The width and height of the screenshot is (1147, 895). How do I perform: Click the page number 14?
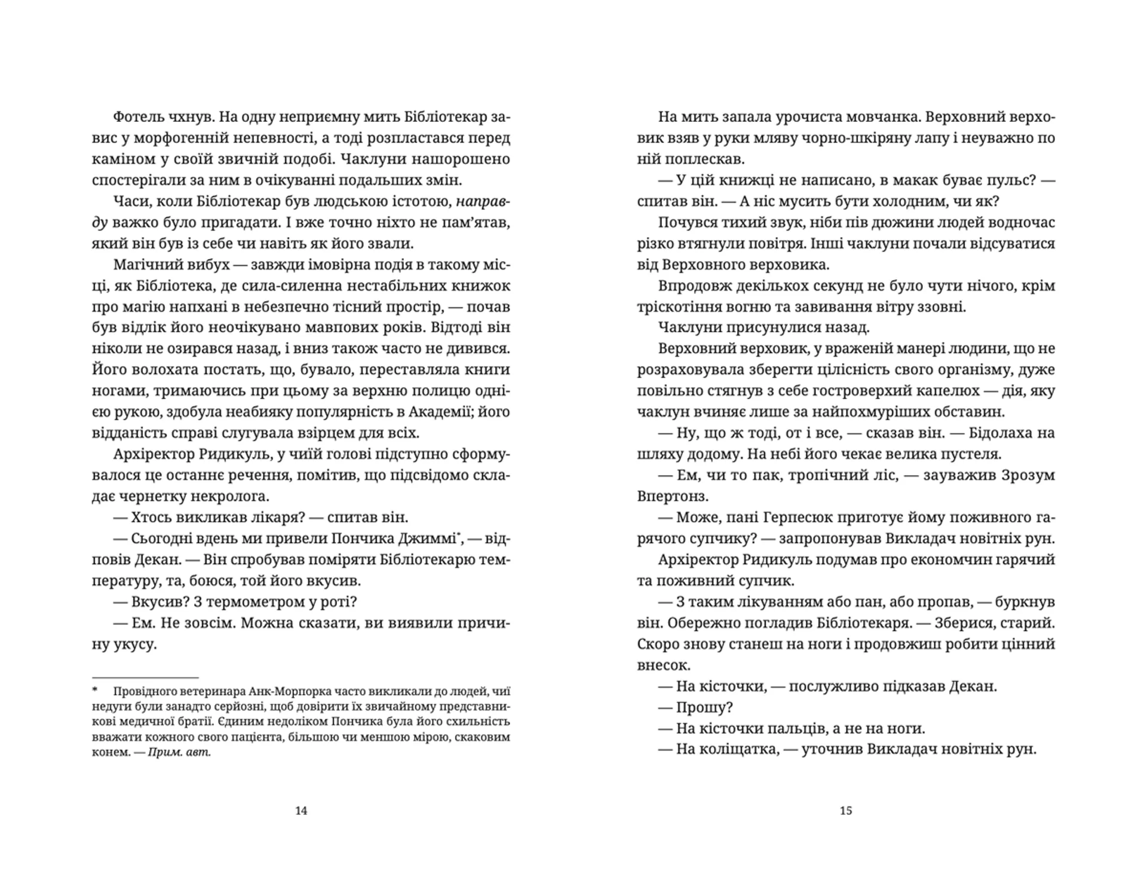tap(301, 811)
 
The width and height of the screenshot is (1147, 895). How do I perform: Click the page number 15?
tap(846, 811)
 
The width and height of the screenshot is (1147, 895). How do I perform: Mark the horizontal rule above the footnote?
tap(145, 678)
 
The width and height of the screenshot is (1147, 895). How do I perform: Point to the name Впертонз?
tap(673, 496)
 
